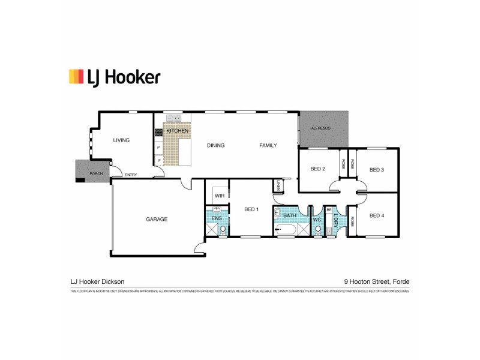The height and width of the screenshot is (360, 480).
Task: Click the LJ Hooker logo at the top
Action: pyautogui.click(x=115, y=77)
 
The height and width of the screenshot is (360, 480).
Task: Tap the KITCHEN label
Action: pyautogui.click(x=177, y=131)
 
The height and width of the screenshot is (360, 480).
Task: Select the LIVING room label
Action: pyautogui.click(x=121, y=140)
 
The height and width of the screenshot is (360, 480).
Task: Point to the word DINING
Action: pyautogui.click(x=215, y=146)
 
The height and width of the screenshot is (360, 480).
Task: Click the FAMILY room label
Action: pyautogui.click(x=268, y=146)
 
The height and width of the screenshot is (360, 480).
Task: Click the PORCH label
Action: pyautogui.click(x=95, y=174)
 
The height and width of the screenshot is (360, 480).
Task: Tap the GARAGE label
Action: pyautogui.click(x=157, y=219)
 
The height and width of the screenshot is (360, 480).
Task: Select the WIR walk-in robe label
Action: pyautogui.click(x=218, y=196)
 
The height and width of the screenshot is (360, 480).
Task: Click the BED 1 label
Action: pyautogui.click(x=251, y=209)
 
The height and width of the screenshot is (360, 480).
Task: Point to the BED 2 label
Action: pyautogui.click(x=317, y=169)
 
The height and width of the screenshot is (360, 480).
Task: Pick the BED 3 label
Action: pyautogui.click(x=376, y=169)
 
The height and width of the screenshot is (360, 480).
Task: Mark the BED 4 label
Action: pyautogui.click(x=376, y=215)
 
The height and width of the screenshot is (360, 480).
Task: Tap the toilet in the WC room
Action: pyautogui.click(x=317, y=230)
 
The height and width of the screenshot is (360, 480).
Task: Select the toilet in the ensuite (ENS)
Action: pyautogui.click(x=223, y=229)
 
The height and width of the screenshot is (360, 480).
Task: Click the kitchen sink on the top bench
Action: pyautogui.click(x=174, y=118)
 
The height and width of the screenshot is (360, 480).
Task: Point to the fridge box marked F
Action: pyautogui.click(x=158, y=160)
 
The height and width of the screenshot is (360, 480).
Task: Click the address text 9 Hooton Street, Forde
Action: pyautogui.click(x=376, y=281)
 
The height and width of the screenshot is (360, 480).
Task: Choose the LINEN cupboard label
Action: pyautogui.click(x=279, y=187)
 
